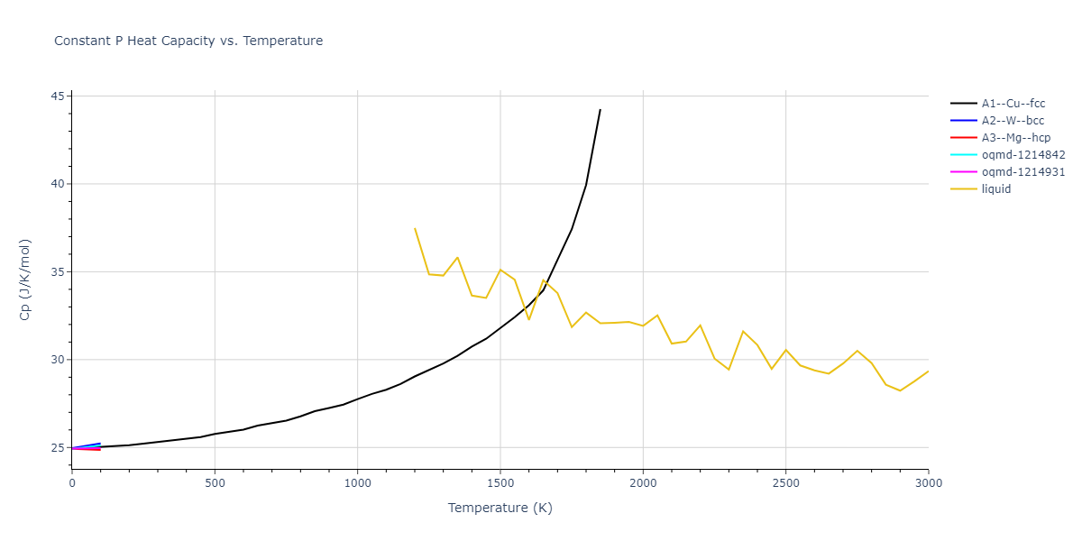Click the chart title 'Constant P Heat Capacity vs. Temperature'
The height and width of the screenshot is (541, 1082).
pos(188,41)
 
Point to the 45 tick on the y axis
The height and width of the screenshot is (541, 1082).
pos(59,96)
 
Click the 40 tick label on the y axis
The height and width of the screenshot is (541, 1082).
pos(59,184)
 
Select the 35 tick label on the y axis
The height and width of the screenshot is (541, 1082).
pos(59,272)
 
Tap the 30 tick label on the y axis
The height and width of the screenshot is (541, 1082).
pos(59,360)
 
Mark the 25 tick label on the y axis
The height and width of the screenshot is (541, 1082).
pos(59,448)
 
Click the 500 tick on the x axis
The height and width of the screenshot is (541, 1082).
pos(215,483)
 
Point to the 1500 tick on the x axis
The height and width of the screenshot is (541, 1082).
pos(500,483)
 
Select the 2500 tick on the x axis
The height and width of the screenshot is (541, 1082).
pos(785,483)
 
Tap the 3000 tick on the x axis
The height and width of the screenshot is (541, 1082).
pos(928,483)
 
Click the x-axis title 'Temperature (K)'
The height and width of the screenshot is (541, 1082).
pos(500,508)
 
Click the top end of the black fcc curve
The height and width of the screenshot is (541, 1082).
pos(601,110)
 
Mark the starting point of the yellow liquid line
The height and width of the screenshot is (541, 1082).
pos(415,228)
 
